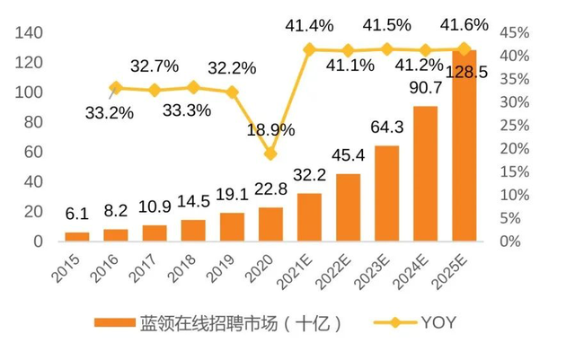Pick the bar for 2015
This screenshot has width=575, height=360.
tap(77, 236)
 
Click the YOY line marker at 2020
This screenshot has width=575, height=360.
tap(270, 154)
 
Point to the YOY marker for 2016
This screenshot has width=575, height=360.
tap(116, 87)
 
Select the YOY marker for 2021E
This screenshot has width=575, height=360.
tap(309, 49)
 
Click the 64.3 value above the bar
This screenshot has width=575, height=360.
tap(386, 126)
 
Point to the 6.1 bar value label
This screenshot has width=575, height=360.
tap(77, 215)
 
